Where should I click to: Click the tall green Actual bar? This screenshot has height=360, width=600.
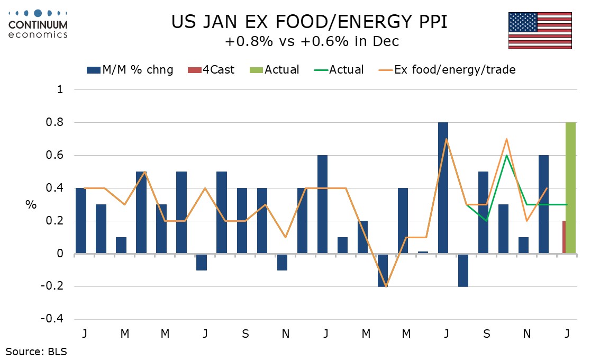coord(570,188)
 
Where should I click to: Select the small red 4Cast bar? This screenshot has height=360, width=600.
coord(563,238)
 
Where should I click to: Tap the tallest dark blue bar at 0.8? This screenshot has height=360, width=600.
coord(443,188)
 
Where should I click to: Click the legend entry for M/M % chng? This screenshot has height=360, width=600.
coord(130,70)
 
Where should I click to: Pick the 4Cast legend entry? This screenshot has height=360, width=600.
coord(212,70)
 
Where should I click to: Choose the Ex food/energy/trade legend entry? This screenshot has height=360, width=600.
coord(447,70)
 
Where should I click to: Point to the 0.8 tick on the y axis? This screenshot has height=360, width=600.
coord(57,123)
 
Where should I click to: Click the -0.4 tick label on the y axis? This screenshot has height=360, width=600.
coord(53,319)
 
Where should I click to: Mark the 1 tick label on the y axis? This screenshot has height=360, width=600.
coord(60,90)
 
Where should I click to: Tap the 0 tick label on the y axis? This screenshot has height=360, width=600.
coord(60,254)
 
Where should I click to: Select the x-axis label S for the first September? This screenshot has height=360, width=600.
coord(246,335)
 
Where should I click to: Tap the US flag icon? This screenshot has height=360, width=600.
coord(540,30)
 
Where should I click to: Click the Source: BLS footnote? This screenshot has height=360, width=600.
coord(36,350)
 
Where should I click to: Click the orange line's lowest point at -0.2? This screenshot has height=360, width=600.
coord(386,286)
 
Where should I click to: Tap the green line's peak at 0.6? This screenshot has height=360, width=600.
coord(506,156)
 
